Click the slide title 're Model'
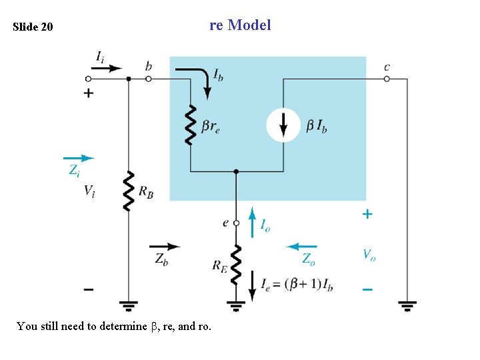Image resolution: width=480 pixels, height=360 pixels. point(240,25)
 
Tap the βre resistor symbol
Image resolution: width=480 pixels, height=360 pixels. point(191,124)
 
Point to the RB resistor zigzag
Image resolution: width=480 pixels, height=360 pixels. point(128,191)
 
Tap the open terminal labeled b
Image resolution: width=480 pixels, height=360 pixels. point(149,79)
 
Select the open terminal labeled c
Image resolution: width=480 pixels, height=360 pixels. point(387,79)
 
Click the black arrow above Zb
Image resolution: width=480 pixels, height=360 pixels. point(165,246)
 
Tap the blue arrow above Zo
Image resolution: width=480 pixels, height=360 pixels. point(302,246)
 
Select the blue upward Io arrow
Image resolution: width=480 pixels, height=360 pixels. point(253,222)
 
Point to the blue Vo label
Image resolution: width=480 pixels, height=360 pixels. point(369,254)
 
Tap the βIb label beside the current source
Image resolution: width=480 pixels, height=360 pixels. point(317,125)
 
